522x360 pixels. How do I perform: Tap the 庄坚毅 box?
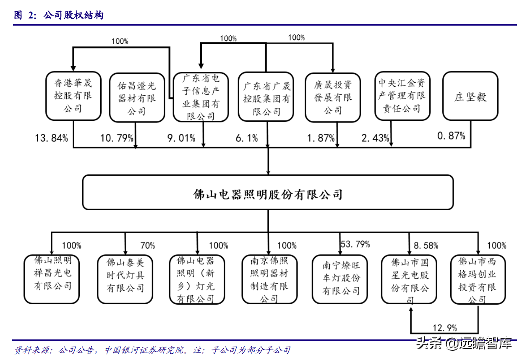click(470, 97)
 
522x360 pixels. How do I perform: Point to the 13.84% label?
click(51, 138)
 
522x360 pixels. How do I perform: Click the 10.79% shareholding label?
click(117, 138)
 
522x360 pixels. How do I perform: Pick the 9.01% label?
click(181, 138)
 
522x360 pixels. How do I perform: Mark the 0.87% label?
click(451, 136)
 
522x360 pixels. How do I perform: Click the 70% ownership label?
click(147, 245)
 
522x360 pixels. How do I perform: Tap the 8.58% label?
click(426, 245)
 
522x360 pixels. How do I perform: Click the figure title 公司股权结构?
click(73, 16)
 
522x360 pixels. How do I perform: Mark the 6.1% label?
click(247, 138)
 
